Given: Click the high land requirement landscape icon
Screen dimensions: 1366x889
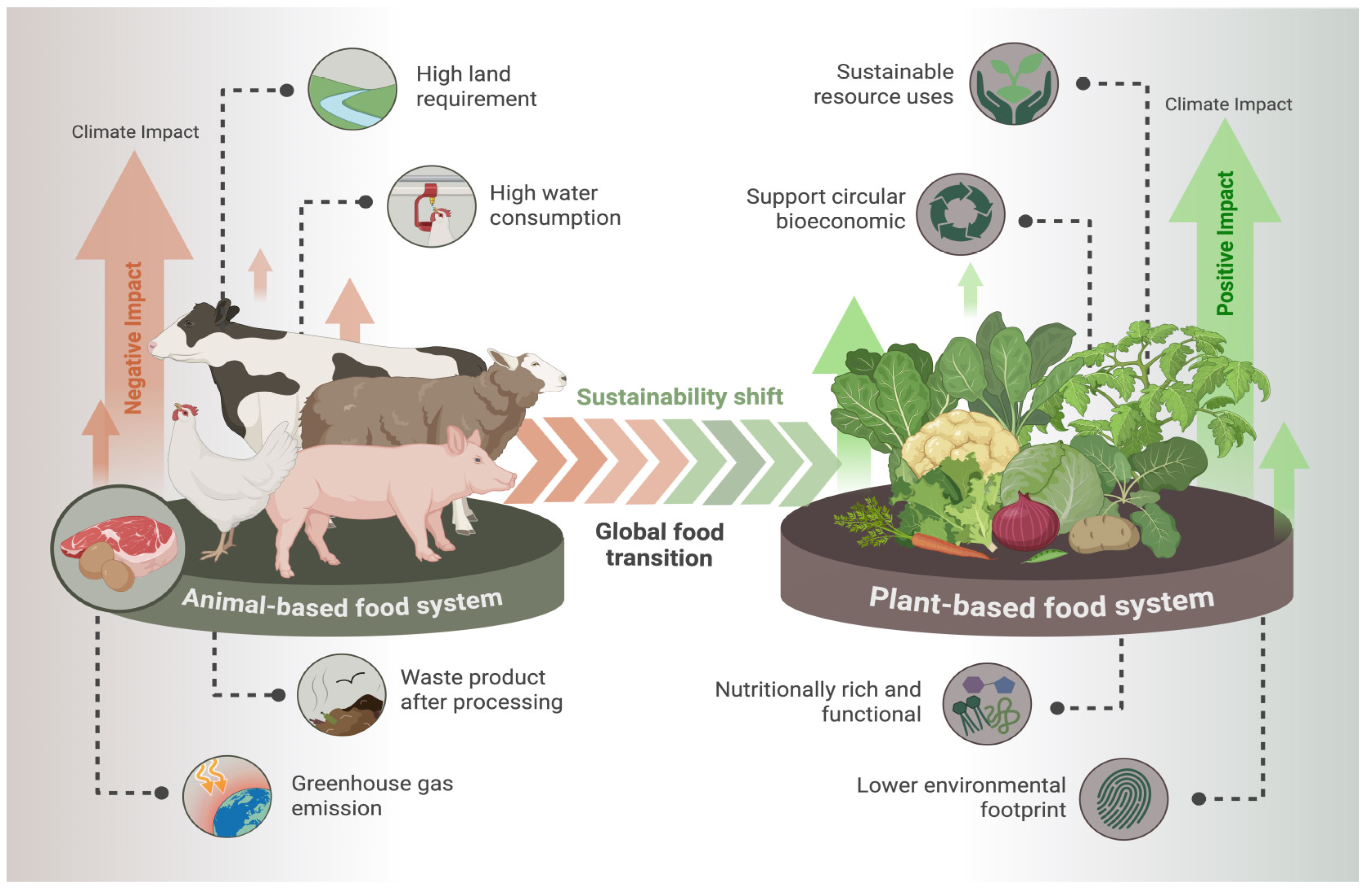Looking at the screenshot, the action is (352, 89).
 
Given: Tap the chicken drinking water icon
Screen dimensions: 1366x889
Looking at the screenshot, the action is (431, 207).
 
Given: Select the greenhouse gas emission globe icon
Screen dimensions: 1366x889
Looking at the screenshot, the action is (227, 797).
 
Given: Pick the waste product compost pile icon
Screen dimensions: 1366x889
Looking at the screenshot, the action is (342, 695).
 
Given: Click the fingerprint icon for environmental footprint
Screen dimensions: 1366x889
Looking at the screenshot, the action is (1123, 799).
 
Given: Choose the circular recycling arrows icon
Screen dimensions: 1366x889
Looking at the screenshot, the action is (960, 214).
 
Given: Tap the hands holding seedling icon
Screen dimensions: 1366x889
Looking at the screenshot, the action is (1014, 84).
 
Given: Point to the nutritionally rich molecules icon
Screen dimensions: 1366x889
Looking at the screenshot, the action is (987, 704).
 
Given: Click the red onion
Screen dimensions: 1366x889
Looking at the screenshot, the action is (1025, 523).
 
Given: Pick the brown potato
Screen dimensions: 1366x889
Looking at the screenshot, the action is (1103, 534).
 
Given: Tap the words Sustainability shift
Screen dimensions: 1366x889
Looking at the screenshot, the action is (680, 397).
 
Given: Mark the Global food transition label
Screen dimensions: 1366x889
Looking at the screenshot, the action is (659, 544).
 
